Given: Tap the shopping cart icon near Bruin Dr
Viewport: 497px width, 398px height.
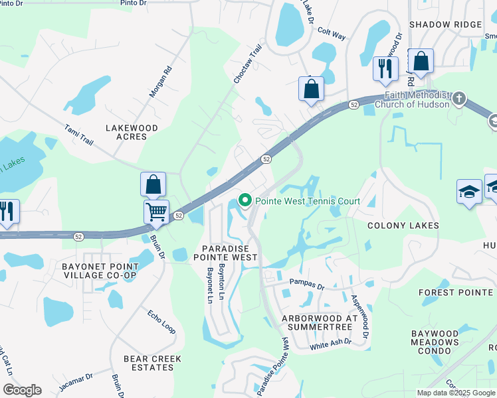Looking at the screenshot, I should (x=156, y=212).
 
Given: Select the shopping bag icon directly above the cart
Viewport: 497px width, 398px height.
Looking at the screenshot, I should (x=153, y=184).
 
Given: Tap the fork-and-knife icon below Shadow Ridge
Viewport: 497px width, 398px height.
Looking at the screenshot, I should (x=385, y=68).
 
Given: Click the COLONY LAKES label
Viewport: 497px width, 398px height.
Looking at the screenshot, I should (x=403, y=226).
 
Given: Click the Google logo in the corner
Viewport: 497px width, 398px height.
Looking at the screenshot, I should (x=22, y=390).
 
